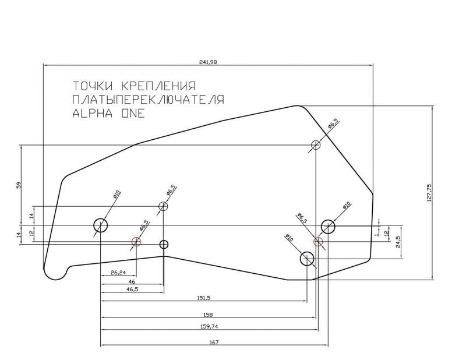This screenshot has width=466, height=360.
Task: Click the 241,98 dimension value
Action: click(208, 62)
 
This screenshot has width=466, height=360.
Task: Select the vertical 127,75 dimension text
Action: click(429, 193)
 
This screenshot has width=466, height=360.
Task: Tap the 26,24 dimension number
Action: click(118, 272)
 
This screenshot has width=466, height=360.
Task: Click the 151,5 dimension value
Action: click(204, 298)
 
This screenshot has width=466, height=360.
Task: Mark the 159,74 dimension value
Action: click(210, 326)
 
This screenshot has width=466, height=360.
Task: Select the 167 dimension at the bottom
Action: click(213, 342)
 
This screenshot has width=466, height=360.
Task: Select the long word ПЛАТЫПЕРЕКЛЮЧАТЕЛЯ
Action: click(148, 100)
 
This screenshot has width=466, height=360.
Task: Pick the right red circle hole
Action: click(318, 242)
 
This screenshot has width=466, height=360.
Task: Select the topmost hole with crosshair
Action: click(316, 145)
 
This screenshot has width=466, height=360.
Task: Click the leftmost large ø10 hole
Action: click(101, 225)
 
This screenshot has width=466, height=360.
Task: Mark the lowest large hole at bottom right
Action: click(307, 258)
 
